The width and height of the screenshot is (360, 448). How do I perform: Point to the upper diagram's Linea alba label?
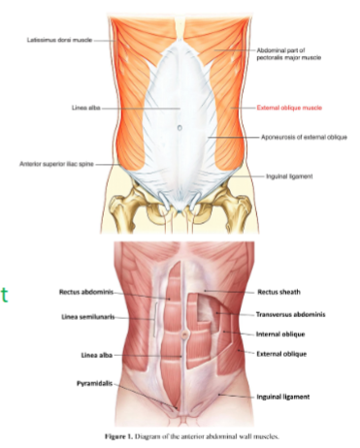coord(75,109)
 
